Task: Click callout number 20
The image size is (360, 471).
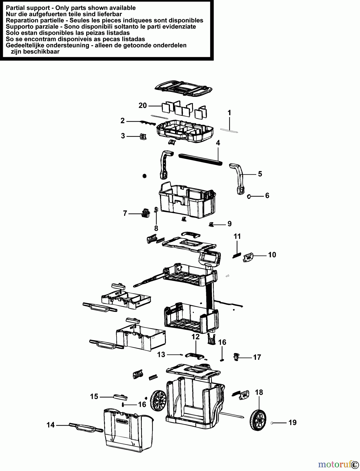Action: (x=143, y=105)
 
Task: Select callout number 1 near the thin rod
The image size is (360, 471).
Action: (x=229, y=113)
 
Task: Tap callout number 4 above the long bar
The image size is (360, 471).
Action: (x=218, y=143)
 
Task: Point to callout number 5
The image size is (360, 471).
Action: (x=260, y=174)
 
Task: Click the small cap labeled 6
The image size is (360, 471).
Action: (x=249, y=196)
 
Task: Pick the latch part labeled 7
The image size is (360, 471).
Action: (x=145, y=213)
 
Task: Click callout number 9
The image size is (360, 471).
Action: (x=230, y=224)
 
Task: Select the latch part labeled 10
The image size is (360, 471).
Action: (x=248, y=258)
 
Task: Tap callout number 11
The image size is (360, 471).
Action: (x=237, y=236)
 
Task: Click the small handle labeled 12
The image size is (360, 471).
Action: (x=196, y=355)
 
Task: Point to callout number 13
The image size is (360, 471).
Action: (x=161, y=355)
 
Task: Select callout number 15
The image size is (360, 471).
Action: (x=94, y=397)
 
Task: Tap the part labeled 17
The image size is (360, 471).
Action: (x=236, y=357)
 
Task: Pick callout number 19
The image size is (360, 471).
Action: (x=292, y=422)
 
